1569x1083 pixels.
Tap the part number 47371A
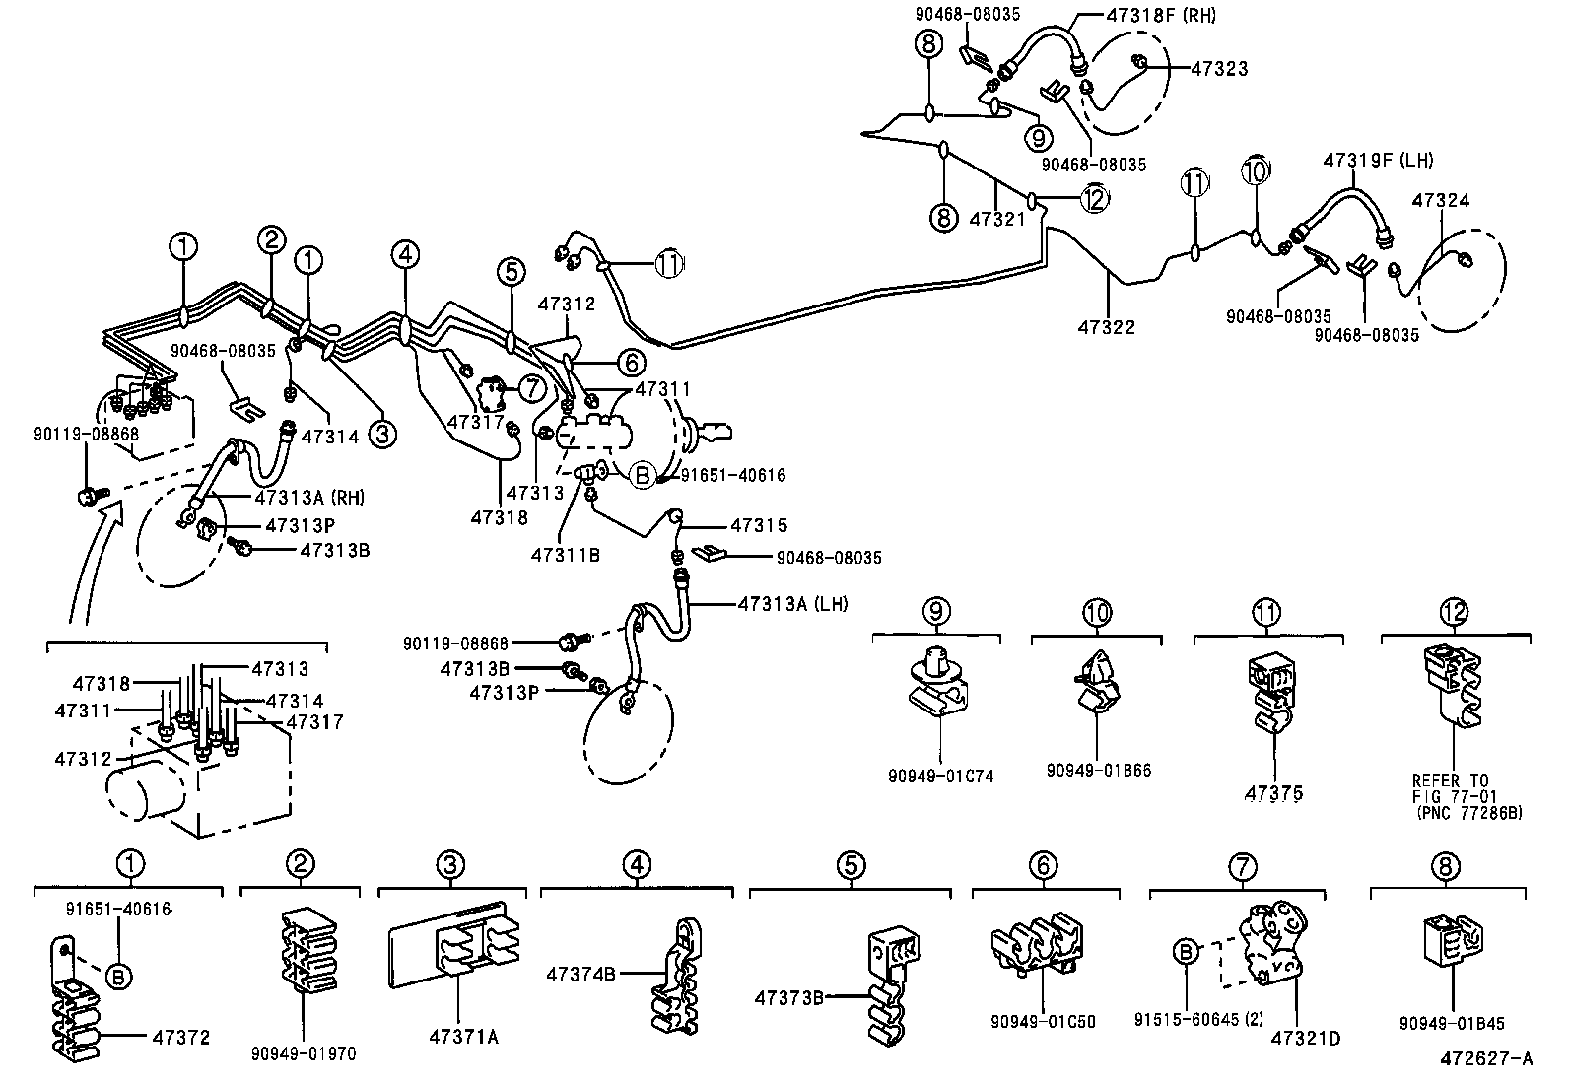[463, 1036]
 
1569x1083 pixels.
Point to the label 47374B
[581, 974]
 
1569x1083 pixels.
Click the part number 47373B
[789, 997]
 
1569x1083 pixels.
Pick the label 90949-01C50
[1043, 1023]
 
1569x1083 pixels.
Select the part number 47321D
[1305, 1038]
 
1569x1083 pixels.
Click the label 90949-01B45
[1450, 1024]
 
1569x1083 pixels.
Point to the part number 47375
[1274, 792]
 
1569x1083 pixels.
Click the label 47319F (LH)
[1378, 160]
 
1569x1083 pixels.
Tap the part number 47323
[1219, 69]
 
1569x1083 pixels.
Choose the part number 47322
[1106, 327]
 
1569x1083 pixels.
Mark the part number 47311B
[565, 555]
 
